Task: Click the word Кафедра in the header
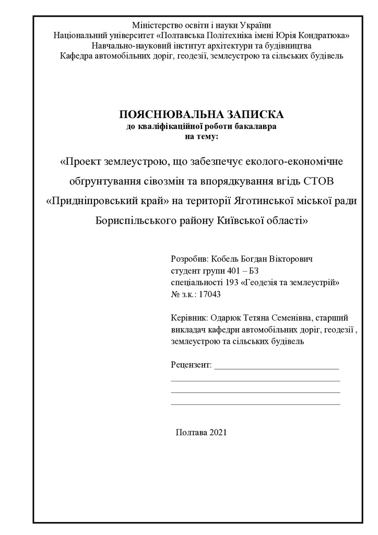pos(76,55)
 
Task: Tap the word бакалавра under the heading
pos(258,126)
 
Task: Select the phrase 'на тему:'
pos(202,136)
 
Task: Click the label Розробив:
pos(189,259)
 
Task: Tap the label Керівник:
pos(190,318)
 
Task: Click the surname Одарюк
pos(228,318)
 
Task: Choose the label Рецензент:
pos(191,364)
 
